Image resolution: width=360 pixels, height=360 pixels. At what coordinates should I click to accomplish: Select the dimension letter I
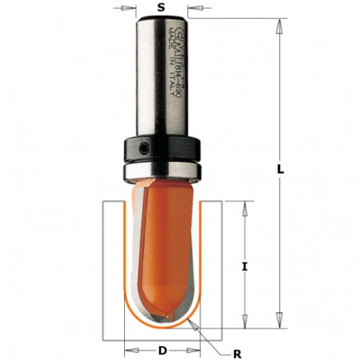(245, 266)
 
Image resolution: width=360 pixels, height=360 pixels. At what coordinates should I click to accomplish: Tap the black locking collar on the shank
(162, 149)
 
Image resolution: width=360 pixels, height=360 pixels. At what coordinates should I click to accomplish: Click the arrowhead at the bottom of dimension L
(280, 323)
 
